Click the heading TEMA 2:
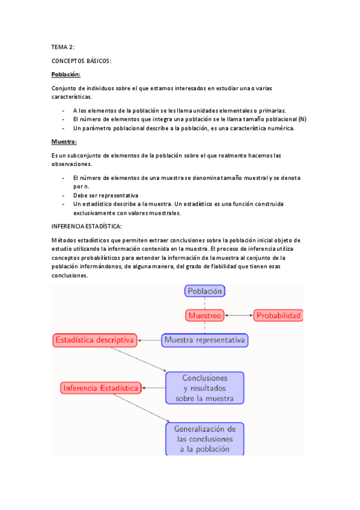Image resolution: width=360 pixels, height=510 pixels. [63, 46]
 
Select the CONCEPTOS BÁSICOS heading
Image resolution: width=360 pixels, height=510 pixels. [82, 61]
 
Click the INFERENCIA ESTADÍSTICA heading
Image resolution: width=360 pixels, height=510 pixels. [87, 226]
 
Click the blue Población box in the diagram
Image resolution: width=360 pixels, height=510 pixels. [205, 291]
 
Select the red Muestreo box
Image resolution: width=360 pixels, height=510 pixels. [205, 315]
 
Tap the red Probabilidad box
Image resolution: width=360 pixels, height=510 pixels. [277, 315]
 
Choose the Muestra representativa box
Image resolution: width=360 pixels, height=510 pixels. [204, 340]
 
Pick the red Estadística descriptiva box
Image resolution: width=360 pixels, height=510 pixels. [94, 340]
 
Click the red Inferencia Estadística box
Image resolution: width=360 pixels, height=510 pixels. [101, 388]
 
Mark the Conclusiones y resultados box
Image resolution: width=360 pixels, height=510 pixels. [205, 388]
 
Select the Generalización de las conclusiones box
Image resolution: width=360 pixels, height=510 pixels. [205, 439]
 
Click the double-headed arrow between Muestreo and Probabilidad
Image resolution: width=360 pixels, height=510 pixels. [239, 315]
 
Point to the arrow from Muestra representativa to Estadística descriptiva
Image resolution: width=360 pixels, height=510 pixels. [150, 340]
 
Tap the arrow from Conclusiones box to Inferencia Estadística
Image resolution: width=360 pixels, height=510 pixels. [154, 388]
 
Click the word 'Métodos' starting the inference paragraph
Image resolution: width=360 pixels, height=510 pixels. [65, 240]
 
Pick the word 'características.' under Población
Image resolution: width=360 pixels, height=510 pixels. [72, 97]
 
